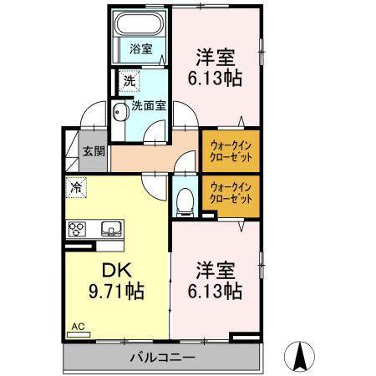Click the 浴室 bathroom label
click(x=140, y=49)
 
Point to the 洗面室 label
click(x=149, y=106)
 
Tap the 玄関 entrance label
click(x=94, y=151)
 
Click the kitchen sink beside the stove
click(x=111, y=228)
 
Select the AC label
click(x=78, y=327)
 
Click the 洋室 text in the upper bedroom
click(x=215, y=56)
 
